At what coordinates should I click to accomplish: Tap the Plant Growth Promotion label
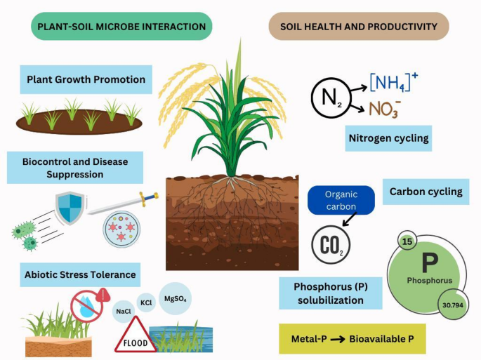[86, 80]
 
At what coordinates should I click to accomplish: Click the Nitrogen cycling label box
[388, 138]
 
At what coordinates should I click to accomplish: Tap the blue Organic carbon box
[341, 200]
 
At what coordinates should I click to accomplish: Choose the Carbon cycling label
[426, 192]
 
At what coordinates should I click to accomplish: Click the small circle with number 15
[408, 241]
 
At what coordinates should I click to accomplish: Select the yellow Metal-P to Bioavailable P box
[352, 339]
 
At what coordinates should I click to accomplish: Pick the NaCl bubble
[124, 310]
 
